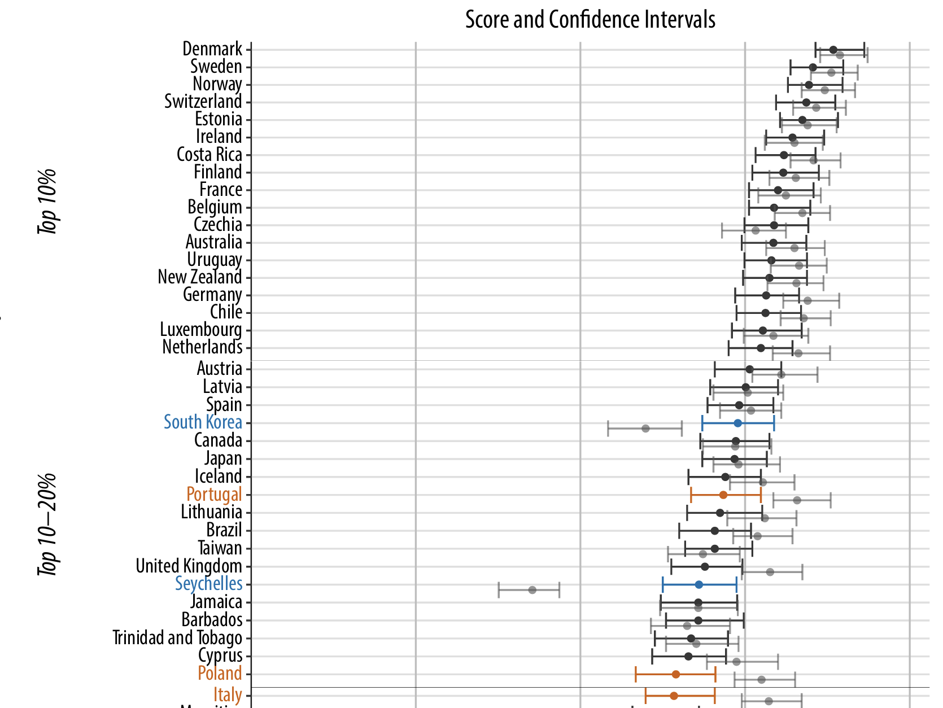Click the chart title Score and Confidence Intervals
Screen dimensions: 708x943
click(590, 20)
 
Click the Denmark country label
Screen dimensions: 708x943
click(212, 49)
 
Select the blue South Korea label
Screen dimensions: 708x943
click(203, 422)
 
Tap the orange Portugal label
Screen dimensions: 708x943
click(214, 495)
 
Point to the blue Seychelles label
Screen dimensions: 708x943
click(208, 584)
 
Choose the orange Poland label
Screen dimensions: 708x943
click(220, 674)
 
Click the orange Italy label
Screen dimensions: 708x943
click(228, 695)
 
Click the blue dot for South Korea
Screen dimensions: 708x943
click(737, 423)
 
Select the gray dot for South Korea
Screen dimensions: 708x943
click(645, 429)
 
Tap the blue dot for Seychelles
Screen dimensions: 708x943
click(699, 584)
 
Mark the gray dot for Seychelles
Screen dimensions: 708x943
click(532, 590)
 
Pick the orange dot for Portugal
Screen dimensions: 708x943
click(723, 495)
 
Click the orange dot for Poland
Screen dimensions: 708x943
click(676, 674)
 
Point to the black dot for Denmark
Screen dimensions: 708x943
click(833, 50)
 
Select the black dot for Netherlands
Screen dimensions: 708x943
click(761, 348)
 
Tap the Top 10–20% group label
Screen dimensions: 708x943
click(48, 525)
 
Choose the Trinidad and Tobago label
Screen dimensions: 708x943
click(177, 638)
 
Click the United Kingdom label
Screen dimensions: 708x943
click(189, 566)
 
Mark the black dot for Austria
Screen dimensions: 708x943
click(749, 369)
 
